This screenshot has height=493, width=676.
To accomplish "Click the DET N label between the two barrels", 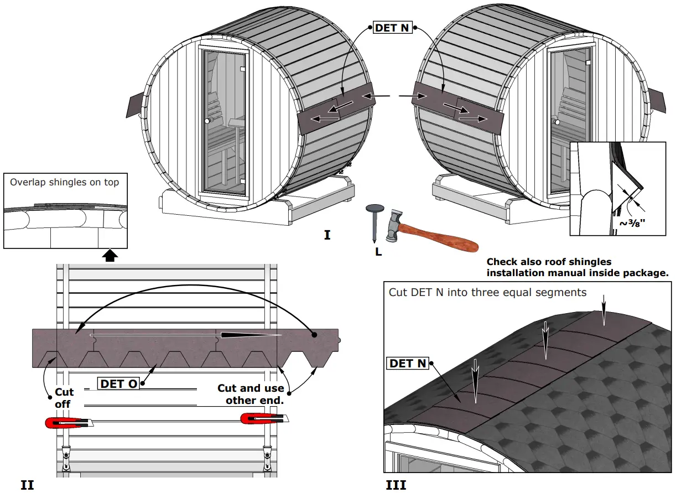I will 393,27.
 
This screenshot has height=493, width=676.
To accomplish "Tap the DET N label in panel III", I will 408,363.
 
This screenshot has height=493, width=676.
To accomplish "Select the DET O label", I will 118,383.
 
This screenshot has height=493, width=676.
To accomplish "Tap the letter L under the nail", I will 377,251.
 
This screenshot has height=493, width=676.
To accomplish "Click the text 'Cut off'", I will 63,398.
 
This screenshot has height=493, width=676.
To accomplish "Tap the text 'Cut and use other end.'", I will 251,394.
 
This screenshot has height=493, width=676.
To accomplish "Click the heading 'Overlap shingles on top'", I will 64,182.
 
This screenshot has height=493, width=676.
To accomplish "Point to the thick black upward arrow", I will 111,255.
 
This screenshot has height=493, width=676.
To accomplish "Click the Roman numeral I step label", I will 327,235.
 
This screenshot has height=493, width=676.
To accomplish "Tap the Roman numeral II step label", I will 27,485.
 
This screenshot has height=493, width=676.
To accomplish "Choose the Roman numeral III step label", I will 396,485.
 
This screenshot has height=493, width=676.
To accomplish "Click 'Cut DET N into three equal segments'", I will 487,292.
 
